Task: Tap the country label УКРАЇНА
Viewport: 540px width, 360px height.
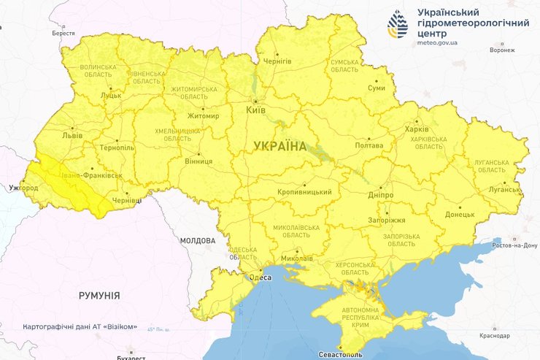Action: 280,147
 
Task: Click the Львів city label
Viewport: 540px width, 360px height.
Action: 72,135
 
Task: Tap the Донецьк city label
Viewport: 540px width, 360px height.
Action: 460,215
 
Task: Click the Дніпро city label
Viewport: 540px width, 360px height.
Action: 381,195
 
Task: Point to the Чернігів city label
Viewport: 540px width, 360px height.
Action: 277,61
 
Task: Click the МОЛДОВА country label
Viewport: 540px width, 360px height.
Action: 198,240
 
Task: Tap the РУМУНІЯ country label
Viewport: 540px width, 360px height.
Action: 99,296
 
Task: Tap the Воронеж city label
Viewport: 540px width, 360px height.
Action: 502,50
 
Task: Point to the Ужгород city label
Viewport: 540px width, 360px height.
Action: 23,188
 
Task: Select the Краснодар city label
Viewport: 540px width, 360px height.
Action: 495,335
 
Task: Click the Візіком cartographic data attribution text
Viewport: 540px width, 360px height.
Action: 80,326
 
